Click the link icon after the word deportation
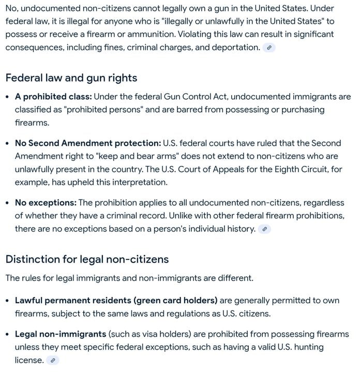(269, 48)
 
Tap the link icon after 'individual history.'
(264, 229)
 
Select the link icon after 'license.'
(52, 361)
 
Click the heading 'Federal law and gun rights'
(71, 78)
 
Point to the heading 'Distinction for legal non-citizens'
(87, 259)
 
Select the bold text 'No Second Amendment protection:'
(87, 143)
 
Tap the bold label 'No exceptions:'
(46, 203)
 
